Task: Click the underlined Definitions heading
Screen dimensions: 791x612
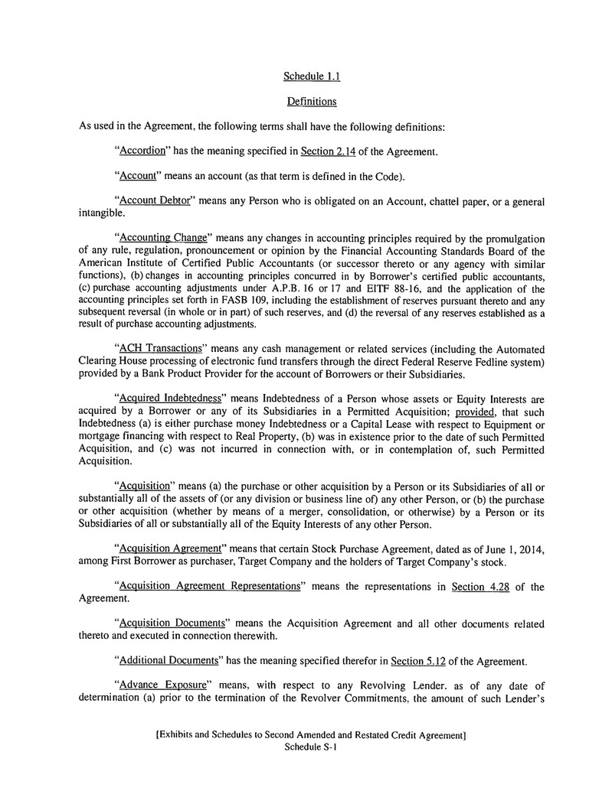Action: coord(306,101)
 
